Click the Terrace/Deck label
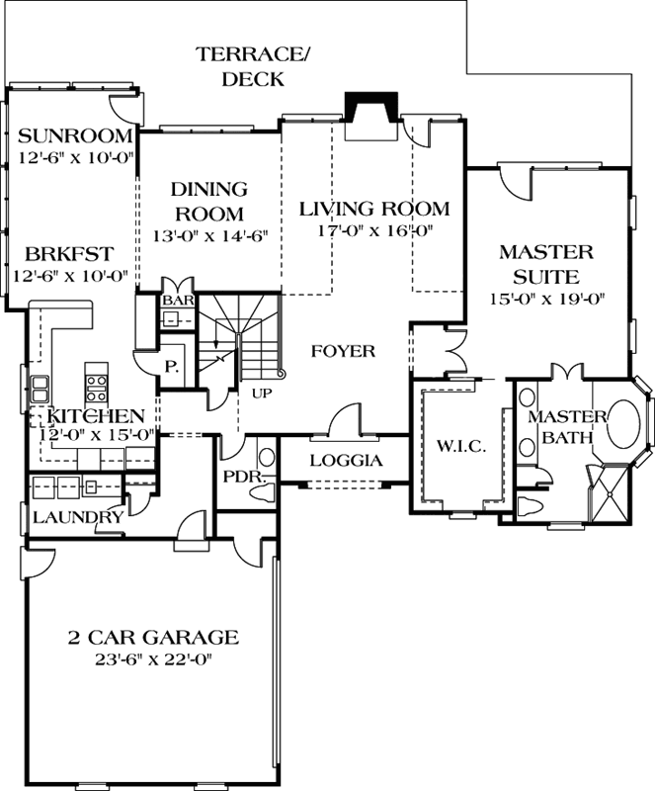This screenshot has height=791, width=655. point(253,66)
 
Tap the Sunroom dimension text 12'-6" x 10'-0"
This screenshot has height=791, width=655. point(76,158)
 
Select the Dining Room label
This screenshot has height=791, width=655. point(209,202)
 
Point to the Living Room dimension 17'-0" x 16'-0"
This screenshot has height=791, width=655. point(375,231)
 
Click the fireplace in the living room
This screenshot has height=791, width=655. point(371,116)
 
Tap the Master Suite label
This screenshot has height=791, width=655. point(546,264)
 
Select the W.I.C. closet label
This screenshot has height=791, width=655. point(460,446)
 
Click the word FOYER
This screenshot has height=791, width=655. point(343,351)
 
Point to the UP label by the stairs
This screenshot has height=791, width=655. point(262,393)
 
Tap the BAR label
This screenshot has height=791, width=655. point(178,301)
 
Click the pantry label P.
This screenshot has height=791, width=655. point(172,367)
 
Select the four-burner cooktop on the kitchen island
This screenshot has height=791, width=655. point(96,388)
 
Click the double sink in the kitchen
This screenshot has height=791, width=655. point(40,389)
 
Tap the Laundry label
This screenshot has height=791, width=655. point(78,517)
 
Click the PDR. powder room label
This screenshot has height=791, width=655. point(245,478)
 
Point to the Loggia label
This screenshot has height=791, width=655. point(346,461)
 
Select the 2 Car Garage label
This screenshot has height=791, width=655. point(153,637)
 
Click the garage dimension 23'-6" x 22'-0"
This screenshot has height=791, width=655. point(152,659)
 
